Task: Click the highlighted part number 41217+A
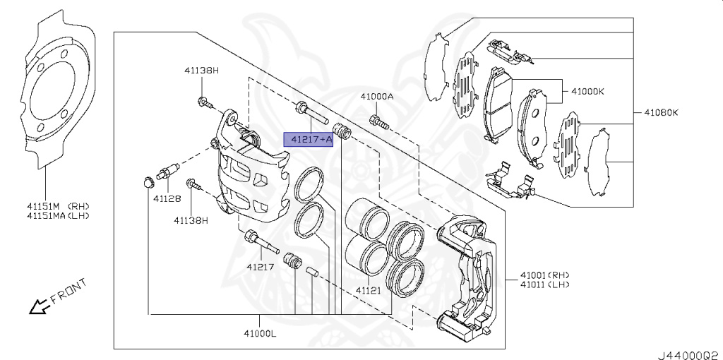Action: (x=308, y=140)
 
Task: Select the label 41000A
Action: (x=376, y=97)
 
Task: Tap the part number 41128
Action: (x=167, y=199)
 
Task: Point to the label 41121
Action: (x=368, y=290)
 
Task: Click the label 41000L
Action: (x=260, y=333)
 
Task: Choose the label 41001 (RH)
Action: (x=544, y=275)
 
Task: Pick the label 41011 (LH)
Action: (x=544, y=284)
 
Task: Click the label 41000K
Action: (x=588, y=92)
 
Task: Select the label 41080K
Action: (x=662, y=112)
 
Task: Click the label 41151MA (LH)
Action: (x=59, y=215)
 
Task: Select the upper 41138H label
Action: (x=202, y=71)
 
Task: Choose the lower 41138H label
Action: (x=191, y=220)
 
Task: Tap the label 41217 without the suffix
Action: (x=260, y=267)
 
